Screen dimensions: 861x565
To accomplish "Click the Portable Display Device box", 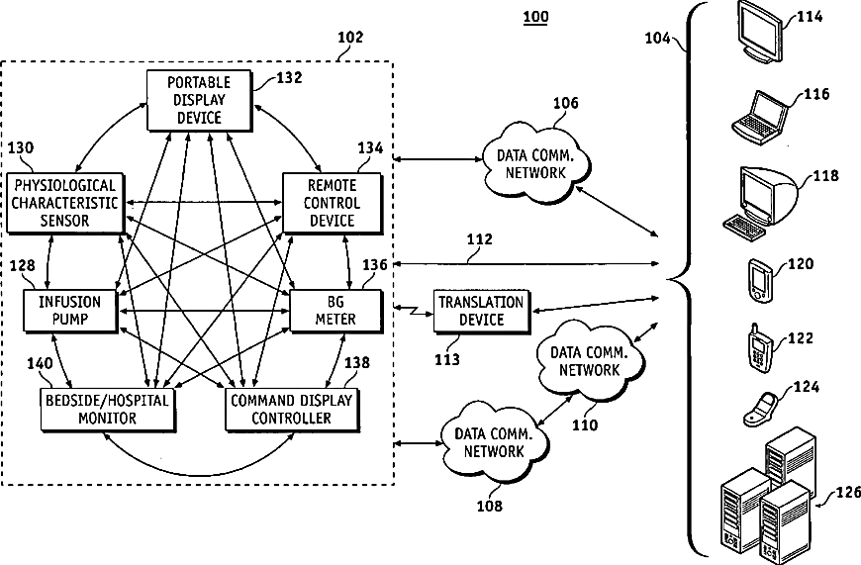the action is (x=200, y=101).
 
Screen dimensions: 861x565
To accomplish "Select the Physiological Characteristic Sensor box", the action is (x=64, y=204).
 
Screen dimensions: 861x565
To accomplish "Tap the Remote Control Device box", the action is (x=333, y=204).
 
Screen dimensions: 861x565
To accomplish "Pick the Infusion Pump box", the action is (x=70, y=312).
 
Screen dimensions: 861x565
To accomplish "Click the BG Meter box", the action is (x=335, y=312).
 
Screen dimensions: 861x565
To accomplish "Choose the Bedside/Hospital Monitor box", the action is (x=108, y=410).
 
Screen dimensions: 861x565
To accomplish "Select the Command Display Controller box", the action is (x=292, y=410).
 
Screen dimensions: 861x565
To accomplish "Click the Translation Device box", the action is (x=482, y=312).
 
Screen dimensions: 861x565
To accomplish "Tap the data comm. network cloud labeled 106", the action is (x=535, y=162).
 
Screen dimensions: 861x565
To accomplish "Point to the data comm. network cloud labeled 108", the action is (x=494, y=442).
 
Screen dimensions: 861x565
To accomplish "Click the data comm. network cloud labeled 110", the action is (x=589, y=361).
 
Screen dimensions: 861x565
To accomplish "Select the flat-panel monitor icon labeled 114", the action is (x=759, y=32).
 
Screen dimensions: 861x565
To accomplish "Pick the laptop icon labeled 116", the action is (x=760, y=119).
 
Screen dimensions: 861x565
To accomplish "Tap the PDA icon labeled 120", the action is (x=760, y=280).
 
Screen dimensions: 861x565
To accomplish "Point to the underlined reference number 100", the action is (x=535, y=17).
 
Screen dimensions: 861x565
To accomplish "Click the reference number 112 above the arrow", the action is (x=480, y=239).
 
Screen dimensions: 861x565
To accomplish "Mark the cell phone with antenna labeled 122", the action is (x=760, y=347).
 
